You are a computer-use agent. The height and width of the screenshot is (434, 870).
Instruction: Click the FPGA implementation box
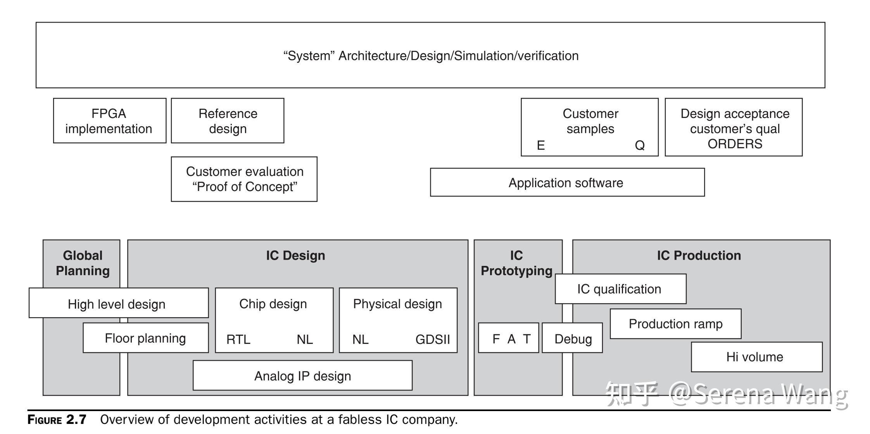pos(110,121)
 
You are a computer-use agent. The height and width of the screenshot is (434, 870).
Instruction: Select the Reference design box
pos(228,121)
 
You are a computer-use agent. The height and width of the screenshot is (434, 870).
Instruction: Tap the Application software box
pos(567,182)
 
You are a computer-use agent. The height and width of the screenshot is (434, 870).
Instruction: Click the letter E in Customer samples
pos(541,146)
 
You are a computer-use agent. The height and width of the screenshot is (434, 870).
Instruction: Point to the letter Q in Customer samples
pos(640,146)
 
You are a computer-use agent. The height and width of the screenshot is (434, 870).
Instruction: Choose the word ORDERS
pos(735,144)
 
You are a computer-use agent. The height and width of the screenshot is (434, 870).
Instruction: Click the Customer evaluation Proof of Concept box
pos(244,179)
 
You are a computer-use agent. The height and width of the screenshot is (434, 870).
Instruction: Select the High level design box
pos(119,303)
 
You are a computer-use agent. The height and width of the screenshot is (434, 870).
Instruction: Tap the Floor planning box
pos(146,338)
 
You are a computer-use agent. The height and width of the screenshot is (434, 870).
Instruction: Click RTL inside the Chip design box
pos(238,340)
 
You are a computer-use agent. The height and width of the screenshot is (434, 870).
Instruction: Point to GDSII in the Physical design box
pos(433,340)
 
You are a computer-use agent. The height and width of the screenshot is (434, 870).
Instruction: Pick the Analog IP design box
pos(302,375)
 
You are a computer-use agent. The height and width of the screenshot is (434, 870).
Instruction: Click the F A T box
pos(509,338)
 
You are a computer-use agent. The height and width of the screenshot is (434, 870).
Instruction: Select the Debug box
pos(572,338)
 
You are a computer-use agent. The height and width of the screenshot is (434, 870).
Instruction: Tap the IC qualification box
pos(621,289)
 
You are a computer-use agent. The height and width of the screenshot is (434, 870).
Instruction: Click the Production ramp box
pos(676,324)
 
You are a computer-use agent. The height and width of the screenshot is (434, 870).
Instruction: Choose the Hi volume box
pos(757,357)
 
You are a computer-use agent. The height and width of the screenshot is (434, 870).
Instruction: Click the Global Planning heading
pos(83,263)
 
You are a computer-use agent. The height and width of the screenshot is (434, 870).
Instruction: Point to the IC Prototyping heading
pos(516,263)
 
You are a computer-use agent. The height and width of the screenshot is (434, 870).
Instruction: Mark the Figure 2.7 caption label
pos(57,420)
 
